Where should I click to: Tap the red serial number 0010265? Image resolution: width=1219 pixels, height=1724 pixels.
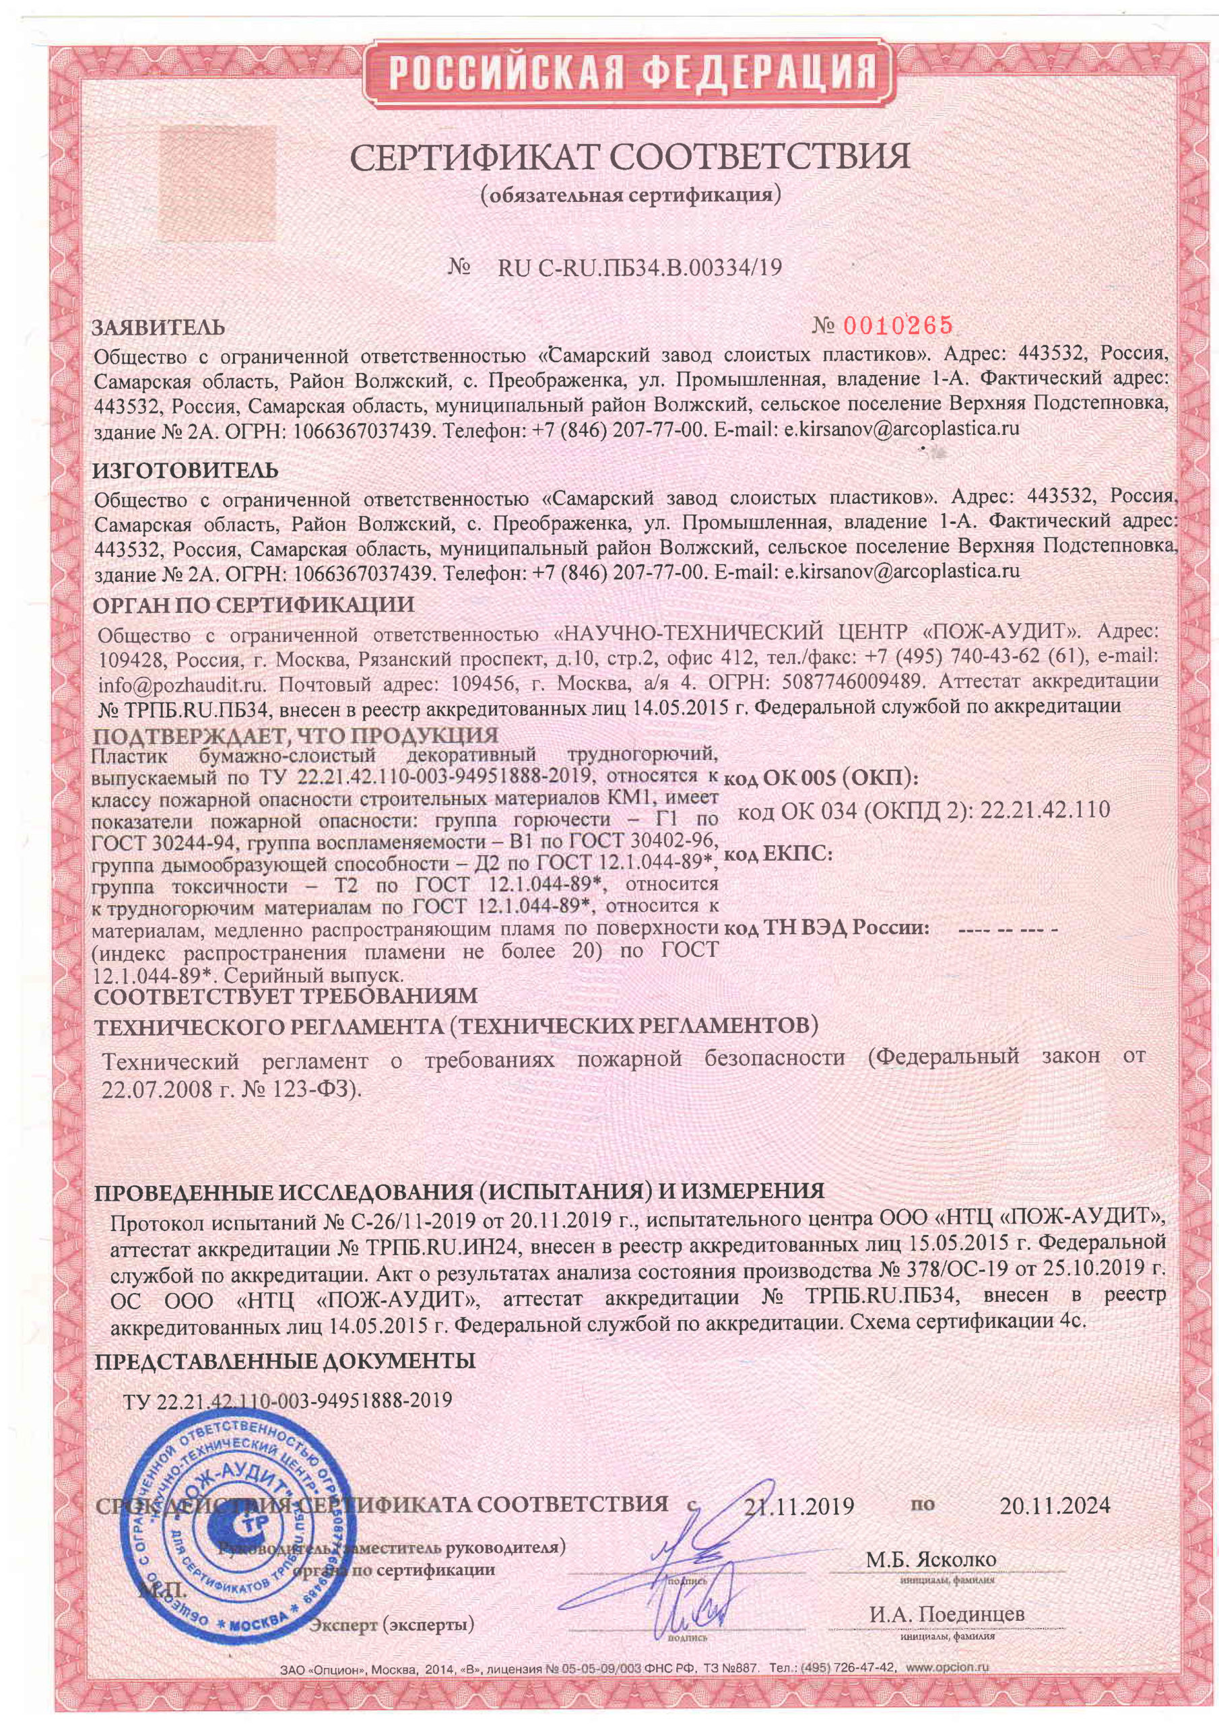click(899, 325)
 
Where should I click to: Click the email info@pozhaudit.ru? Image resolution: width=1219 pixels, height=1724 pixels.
click(180, 686)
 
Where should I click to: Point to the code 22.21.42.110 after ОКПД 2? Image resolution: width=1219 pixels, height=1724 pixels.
click(1045, 810)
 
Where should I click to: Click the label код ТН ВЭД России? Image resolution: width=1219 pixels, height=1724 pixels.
click(826, 927)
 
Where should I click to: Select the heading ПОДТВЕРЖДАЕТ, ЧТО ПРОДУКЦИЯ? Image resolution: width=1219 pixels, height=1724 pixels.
click(295, 735)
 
